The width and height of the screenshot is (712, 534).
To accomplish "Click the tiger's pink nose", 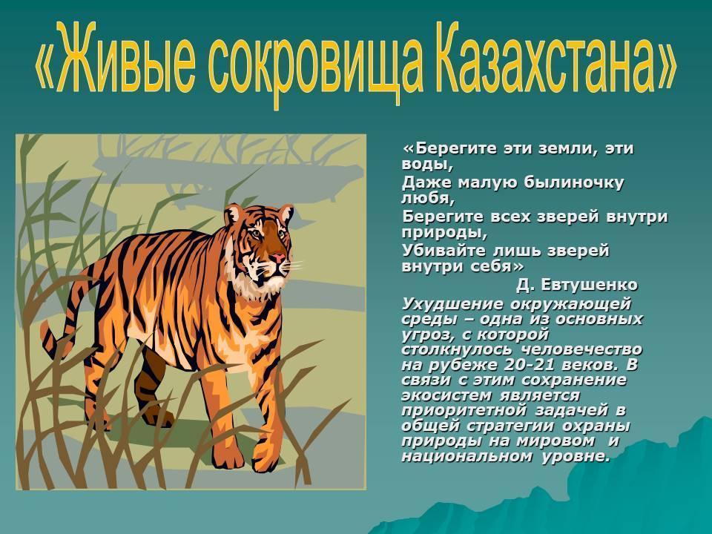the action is pos(277,258).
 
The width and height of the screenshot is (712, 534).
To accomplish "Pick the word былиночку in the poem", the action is pos(574,182).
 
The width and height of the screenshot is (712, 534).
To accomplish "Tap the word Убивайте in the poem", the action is pos(444,250).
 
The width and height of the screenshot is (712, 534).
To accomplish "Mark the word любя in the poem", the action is pos(428,199).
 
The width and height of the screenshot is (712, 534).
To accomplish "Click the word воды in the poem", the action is pos(427,164).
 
